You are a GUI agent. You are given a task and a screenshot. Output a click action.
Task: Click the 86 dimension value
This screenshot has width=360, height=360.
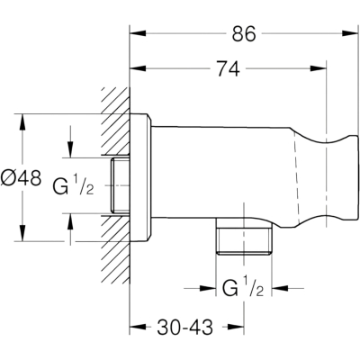point(244,33)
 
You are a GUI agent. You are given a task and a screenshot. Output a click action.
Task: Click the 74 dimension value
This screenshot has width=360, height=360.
point(229,68)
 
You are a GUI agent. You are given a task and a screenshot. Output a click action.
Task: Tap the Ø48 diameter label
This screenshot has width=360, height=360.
point(21,177)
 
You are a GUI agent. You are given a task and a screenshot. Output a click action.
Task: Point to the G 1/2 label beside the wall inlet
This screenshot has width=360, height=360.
point(74,186)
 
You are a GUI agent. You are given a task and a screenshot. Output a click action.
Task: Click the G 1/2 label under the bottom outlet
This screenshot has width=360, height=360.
point(243,288)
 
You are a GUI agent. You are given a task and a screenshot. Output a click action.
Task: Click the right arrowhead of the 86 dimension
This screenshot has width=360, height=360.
point(350,33)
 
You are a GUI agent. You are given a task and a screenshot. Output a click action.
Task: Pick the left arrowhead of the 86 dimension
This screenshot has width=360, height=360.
point(138,33)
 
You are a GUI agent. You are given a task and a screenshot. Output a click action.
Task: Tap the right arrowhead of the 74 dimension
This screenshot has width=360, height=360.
point(319,68)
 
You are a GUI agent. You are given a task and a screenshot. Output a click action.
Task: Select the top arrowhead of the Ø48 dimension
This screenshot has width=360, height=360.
point(22,122)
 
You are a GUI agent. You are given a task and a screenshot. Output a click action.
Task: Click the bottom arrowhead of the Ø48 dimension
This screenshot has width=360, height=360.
point(22,233)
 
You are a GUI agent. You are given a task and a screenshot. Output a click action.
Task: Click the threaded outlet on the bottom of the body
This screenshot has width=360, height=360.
point(244,236)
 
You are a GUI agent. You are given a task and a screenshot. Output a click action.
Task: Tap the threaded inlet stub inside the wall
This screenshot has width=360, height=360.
point(120,186)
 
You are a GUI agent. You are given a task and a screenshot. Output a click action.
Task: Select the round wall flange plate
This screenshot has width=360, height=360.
point(140,177)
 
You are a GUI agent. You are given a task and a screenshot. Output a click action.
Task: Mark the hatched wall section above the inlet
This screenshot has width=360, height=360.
point(115,121)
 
